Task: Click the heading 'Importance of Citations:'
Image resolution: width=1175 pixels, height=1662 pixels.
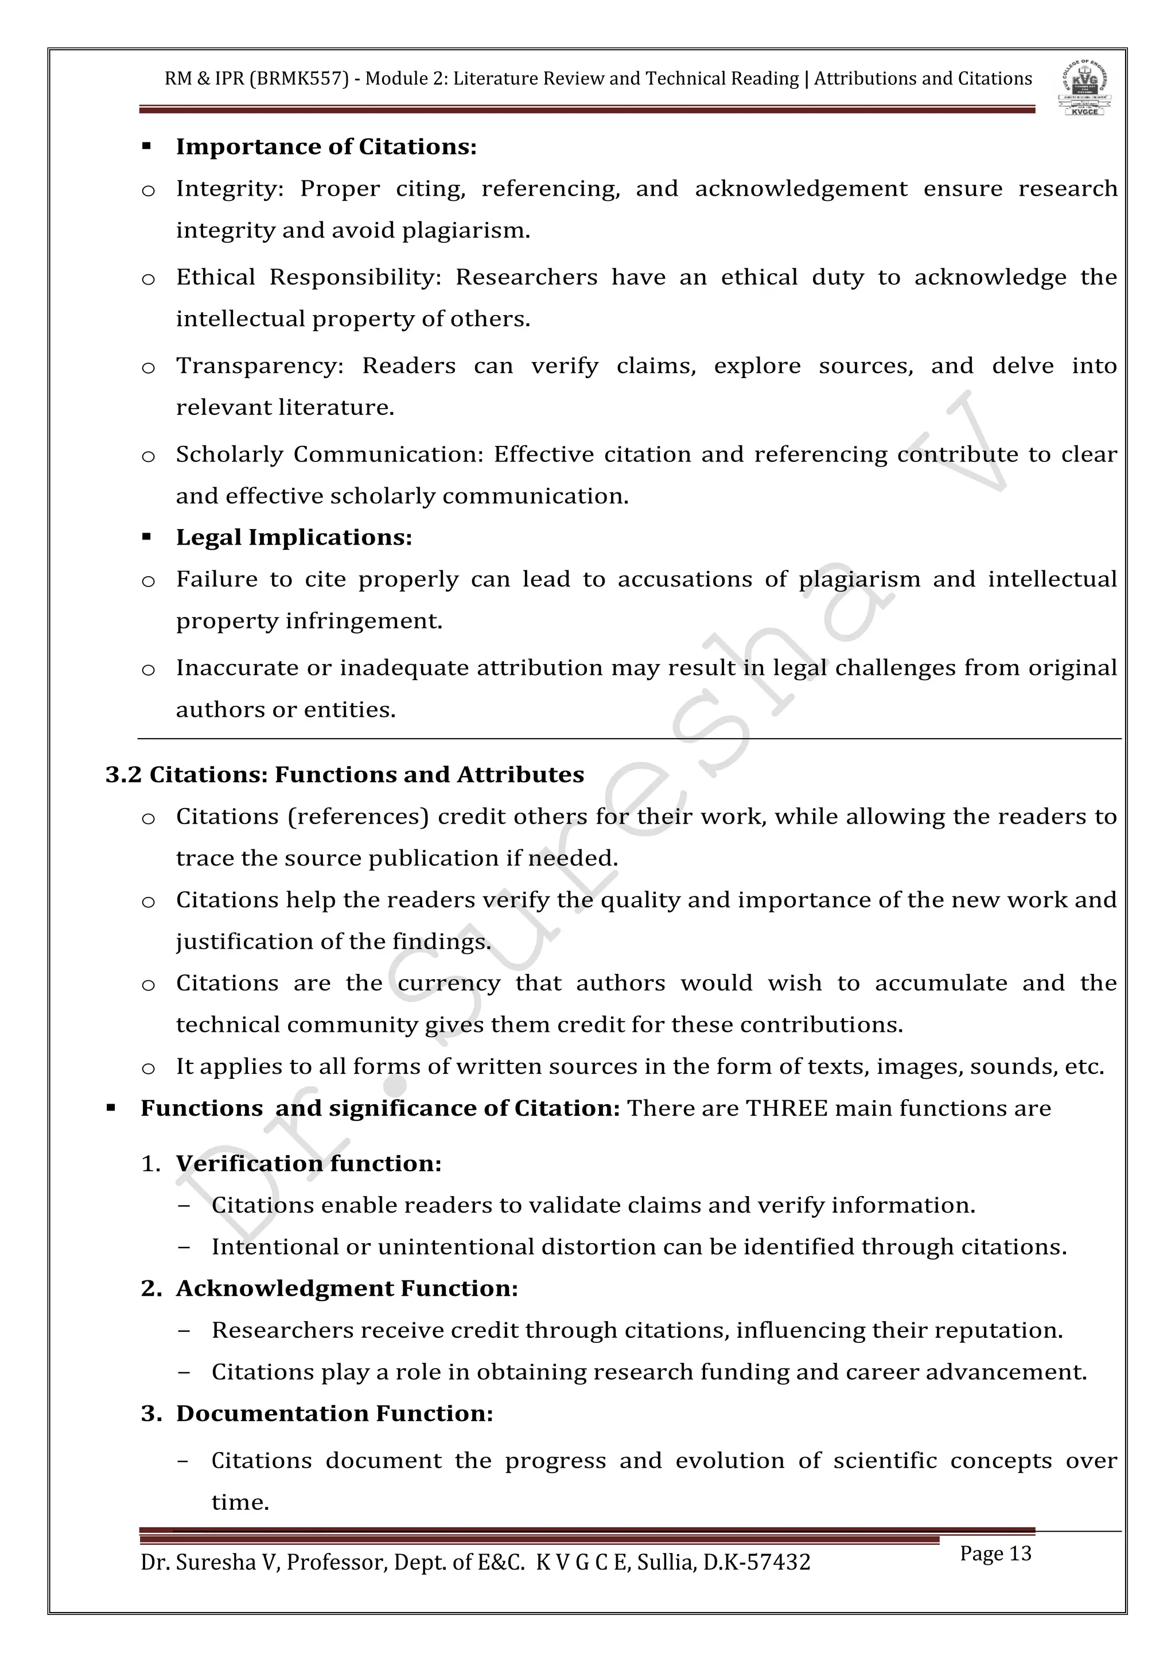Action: pyautogui.click(x=326, y=147)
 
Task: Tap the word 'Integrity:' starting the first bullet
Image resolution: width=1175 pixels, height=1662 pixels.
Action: pyautogui.click(x=229, y=189)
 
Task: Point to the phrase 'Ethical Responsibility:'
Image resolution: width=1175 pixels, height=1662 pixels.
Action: pyautogui.click(x=308, y=278)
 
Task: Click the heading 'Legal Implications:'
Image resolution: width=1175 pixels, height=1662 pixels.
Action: pyautogui.click(x=294, y=538)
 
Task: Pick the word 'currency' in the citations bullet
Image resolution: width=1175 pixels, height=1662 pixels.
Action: pyautogui.click(x=449, y=984)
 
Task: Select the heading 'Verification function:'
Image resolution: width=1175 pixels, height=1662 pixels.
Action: pyautogui.click(x=308, y=1164)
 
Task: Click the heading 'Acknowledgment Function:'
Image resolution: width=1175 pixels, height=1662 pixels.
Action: pyautogui.click(x=347, y=1289)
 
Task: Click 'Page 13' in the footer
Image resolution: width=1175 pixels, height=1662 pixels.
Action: pyautogui.click(x=995, y=1554)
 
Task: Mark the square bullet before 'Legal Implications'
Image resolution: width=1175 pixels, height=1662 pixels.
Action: pyautogui.click(x=147, y=538)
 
